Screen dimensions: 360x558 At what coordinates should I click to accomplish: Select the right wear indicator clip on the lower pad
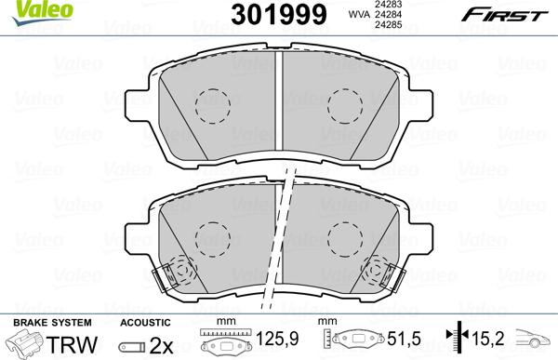tap(383, 273)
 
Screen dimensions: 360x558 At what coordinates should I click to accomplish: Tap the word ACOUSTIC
tap(146, 321)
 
